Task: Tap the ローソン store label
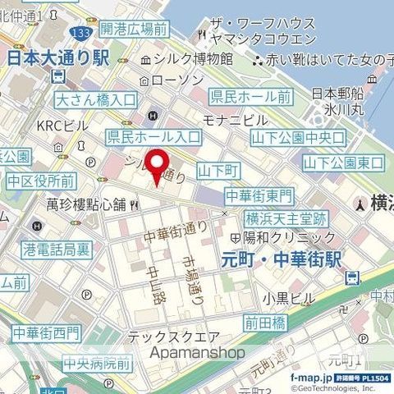177,80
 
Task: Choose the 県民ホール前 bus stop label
250,96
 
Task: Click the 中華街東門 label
259,195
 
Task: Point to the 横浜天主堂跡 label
286,219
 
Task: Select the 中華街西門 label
46,333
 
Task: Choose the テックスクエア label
173,337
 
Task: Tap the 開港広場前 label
133,30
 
